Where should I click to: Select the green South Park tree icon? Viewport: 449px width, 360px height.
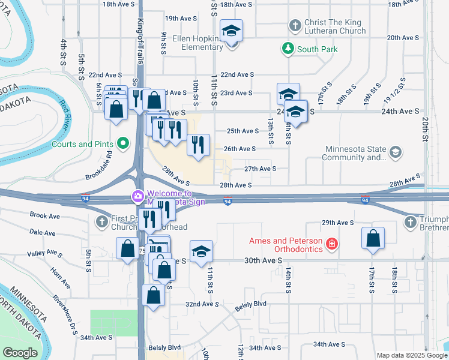[x=289, y=49]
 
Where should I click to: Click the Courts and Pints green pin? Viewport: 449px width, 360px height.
[x=124, y=144]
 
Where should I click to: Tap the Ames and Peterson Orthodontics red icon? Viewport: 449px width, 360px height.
[x=331, y=244]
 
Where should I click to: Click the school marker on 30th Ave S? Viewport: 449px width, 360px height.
[x=201, y=251]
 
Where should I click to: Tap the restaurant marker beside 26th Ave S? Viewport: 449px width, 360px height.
[x=198, y=145]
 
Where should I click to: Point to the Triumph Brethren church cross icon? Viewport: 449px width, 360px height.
[x=411, y=223]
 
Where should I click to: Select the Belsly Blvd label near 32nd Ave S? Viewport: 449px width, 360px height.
[x=250, y=305]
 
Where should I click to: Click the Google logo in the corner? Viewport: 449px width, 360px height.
[x=20, y=353]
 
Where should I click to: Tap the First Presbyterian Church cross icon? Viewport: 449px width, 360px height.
[x=101, y=223]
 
